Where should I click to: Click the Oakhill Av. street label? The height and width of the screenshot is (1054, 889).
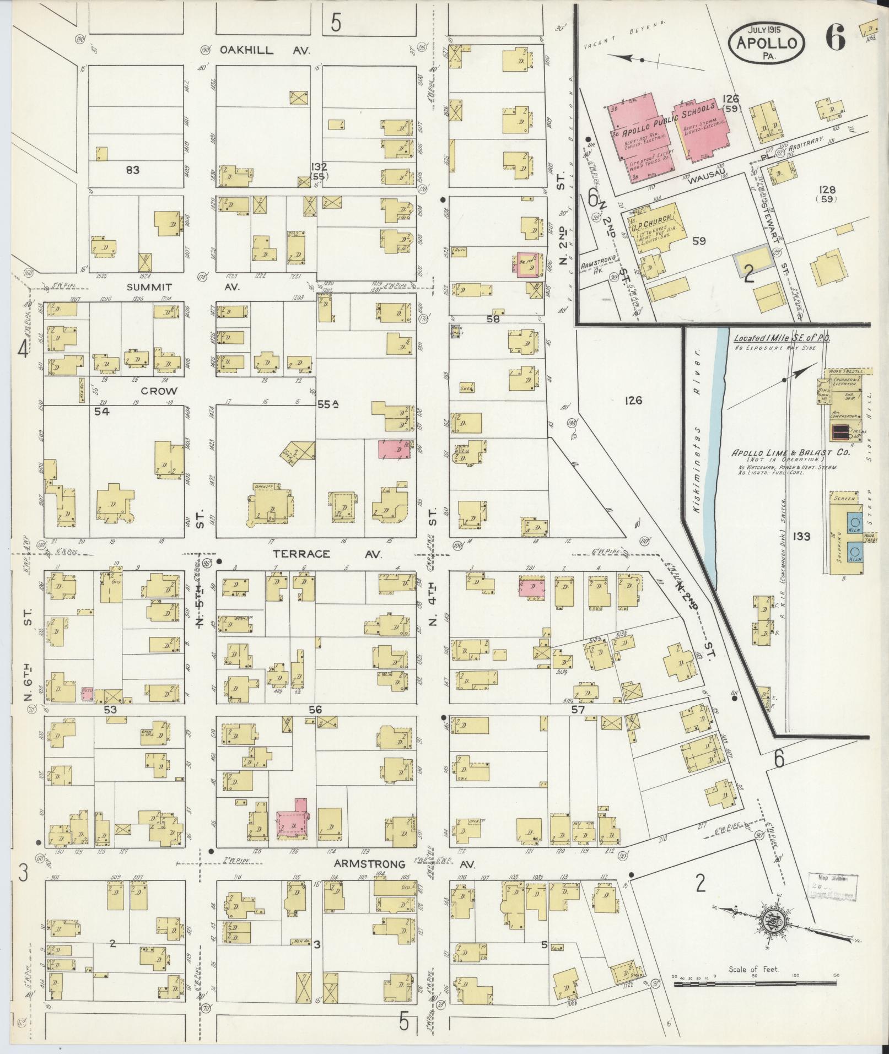click(265, 50)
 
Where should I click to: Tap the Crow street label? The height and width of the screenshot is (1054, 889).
click(159, 391)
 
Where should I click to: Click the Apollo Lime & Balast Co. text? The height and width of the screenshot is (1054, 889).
click(790, 453)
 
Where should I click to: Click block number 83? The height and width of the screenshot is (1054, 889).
click(132, 170)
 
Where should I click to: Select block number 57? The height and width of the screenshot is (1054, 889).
click(577, 710)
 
